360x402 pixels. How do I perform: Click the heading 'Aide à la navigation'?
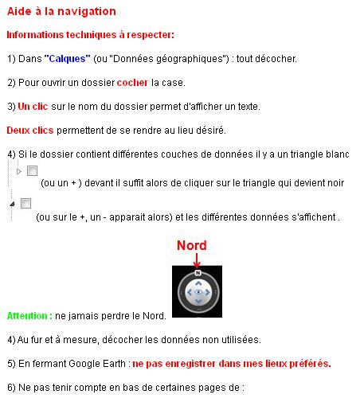pyautogui.click(x=61, y=11)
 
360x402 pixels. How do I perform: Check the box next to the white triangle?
pyautogui.click(x=32, y=171)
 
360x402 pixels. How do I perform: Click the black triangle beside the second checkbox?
pyautogui.click(x=12, y=205)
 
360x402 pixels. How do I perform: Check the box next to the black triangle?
pyautogui.click(x=25, y=205)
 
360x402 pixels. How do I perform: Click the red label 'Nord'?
pyautogui.click(x=191, y=245)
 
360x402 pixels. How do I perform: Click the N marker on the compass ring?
pyautogui.click(x=197, y=272)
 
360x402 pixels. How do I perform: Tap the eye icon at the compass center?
pyautogui.click(x=197, y=293)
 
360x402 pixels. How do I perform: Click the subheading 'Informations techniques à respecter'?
pyautogui.click(x=89, y=36)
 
